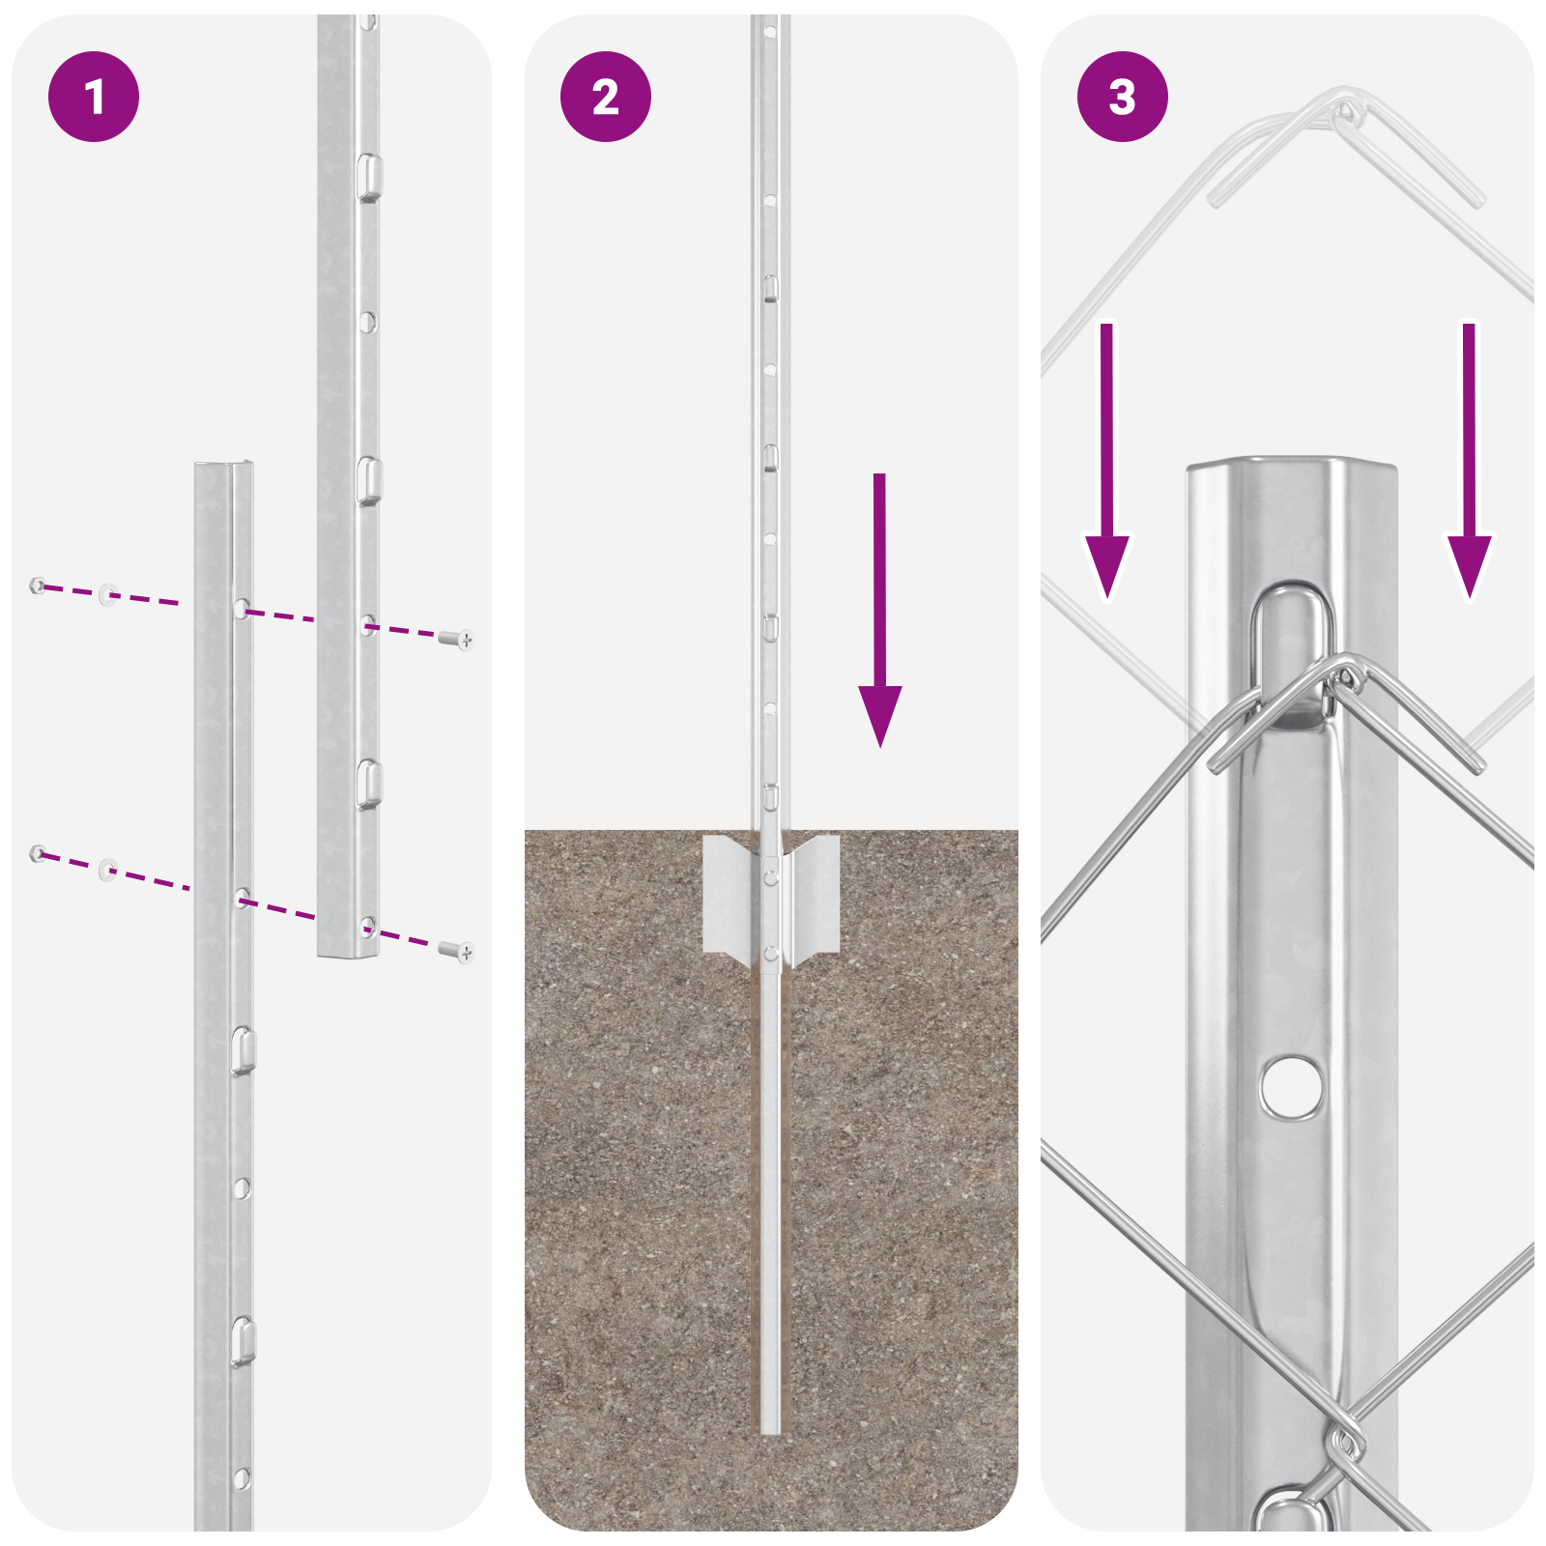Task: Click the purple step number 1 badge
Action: pyautogui.click(x=94, y=97)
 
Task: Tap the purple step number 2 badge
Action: pyautogui.click(x=606, y=97)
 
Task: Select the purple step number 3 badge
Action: pyautogui.click(x=1122, y=97)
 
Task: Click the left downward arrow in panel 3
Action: pyautogui.click(x=1107, y=464)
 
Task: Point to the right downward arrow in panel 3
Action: pyautogui.click(x=1469, y=464)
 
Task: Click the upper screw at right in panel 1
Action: pyautogui.click(x=455, y=639)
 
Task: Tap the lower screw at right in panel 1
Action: pyautogui.click(x=455, y=952)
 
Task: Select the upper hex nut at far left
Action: pyautogui.click(x=38, y=585)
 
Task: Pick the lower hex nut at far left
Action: pyautogui.click(x=38, y=853)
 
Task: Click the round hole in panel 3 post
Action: pyautogui.click(x=1292, y=1086)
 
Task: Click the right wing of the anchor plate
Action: pyautogui.click(x=816, y=894)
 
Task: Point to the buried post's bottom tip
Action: pyautogui.click(x=770, y=1428)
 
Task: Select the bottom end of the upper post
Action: pyautogui.click(x=348, y=951)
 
